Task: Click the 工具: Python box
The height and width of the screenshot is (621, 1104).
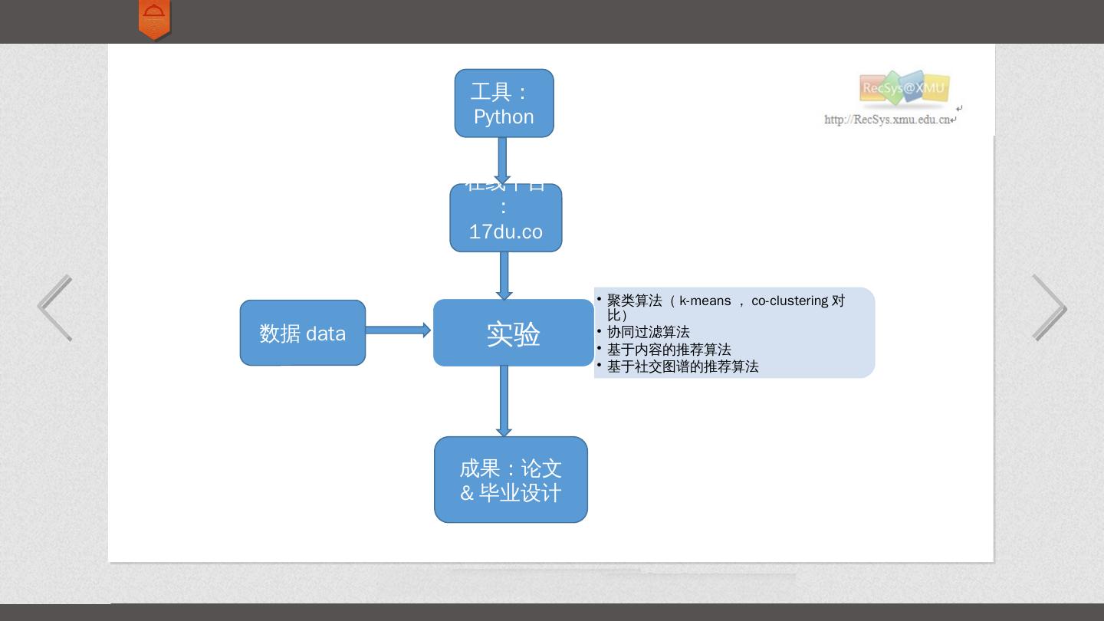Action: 504,103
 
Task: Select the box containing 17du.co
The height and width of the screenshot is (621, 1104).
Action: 505,219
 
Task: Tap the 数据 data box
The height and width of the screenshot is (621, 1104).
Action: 303,333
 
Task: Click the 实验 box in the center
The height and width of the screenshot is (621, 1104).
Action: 513,333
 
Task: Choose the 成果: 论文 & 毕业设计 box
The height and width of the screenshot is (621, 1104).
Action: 511,480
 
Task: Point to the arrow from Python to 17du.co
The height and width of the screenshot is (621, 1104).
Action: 503,160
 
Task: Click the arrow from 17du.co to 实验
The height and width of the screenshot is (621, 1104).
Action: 504,275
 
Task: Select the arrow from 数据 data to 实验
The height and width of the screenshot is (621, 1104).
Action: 397,330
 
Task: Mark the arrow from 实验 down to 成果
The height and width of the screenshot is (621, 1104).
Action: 504,401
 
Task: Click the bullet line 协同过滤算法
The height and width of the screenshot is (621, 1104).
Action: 648,332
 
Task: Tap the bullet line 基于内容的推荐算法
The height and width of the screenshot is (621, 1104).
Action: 669,350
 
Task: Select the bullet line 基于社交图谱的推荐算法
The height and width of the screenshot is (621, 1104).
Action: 682,366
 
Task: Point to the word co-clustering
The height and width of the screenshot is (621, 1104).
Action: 790,301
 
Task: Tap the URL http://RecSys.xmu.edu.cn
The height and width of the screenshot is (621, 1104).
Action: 888,120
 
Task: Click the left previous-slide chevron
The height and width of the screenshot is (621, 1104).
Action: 55,307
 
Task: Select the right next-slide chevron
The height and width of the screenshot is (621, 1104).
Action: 1049,307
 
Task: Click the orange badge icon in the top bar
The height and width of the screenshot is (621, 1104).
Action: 154,19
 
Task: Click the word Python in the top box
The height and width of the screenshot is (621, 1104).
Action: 504,117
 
